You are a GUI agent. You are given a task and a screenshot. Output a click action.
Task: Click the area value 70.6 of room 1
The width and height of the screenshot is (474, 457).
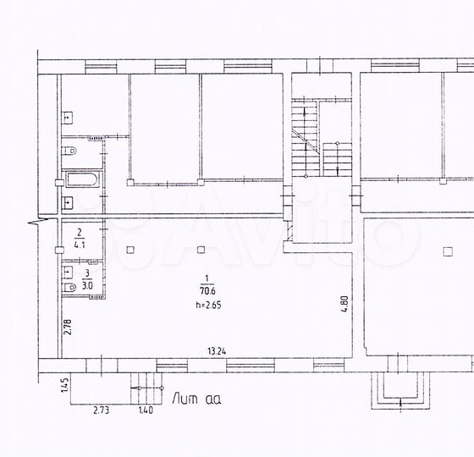(x=207, y=291)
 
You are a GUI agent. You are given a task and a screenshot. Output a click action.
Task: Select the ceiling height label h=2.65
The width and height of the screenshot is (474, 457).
(x=208, y=305)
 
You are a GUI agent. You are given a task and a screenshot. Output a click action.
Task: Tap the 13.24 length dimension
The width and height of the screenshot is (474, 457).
(x=217, y=351)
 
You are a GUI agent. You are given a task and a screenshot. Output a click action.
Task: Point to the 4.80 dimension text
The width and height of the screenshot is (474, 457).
(x=345, y=305)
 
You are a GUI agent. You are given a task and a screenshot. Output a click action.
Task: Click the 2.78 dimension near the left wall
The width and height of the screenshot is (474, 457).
(x=68, y=327)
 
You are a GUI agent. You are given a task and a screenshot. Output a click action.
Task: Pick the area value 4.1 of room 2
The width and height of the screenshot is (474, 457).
(x=80, y=245)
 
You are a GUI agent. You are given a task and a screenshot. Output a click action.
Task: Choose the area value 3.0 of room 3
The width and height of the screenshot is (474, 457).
(x=87, y=285)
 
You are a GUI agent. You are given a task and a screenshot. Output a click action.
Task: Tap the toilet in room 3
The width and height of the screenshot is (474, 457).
(x=69, y=288)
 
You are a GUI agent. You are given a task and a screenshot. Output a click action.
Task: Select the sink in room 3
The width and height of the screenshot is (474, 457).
(x=68, y=272)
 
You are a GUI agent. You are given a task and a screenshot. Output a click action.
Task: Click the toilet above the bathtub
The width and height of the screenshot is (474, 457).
(x=69, y=151)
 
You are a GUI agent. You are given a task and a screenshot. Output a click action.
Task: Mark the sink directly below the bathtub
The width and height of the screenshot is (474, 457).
(x=68, y=202)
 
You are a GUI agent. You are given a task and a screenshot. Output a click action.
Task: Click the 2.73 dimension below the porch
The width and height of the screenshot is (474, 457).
(x=102, y=410)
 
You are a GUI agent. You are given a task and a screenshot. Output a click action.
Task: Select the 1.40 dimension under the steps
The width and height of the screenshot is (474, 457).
(x=146, y=410)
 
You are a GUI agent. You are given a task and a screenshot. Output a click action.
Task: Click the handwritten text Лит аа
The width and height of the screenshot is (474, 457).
(x=196, y=399)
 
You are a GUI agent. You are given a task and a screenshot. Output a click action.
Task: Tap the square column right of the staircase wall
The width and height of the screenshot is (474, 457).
(x=448, y=251)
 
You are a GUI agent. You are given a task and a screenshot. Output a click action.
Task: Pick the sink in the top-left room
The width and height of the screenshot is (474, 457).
(x=68, y=118)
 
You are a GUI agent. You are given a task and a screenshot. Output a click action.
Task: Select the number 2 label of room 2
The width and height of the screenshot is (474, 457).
(x=80, y=233)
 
